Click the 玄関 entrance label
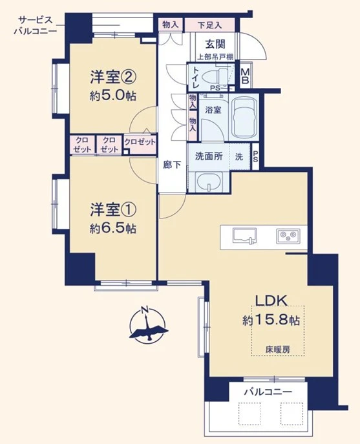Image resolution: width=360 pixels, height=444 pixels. tap(215, 44)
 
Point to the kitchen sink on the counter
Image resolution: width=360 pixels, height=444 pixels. tap(244, 236)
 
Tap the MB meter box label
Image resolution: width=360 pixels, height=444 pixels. tap(245, 76)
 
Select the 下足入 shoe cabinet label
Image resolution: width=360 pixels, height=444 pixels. tap(209, 25)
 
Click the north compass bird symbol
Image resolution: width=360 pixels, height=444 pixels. tap(147, 325)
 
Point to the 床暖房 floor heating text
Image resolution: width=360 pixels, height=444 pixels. tap(277, 349)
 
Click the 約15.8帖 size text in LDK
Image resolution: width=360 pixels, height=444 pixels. tap(271, 321)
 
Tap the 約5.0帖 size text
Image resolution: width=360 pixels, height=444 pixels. tap(113, 96)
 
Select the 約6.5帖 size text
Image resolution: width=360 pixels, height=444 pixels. tap(113, 228)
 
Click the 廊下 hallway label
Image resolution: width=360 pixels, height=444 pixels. tap(172, 165)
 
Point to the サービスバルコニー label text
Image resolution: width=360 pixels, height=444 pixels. tap(36, 25)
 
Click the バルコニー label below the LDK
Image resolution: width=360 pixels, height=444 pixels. tap(268, 392)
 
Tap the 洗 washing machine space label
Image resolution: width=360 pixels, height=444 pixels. tap(239, 156)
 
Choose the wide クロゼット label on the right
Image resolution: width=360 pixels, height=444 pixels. tap(140, 142)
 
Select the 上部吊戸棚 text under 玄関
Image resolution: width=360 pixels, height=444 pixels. tap(215, 58)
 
